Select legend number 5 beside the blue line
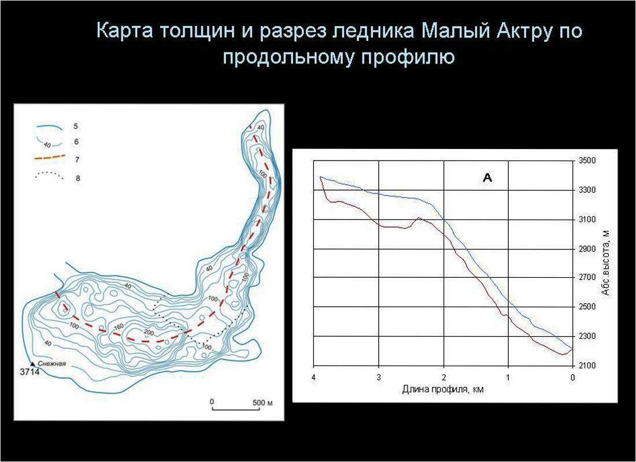click(x=75, y=126)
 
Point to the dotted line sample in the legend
click(x=50, y=176)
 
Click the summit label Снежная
click(x=54, y=363)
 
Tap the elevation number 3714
click(x=30, y=372)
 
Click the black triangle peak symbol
click(x=33, y=364)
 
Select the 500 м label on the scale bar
click(x=262, y=403)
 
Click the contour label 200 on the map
click(x=149, y=333)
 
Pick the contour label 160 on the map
click(x=119, y=327)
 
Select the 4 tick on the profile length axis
click(x=313, y=377)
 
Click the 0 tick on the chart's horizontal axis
click(x=572, y=377)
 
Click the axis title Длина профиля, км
click(x=443, y=389)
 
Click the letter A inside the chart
click(x=487, y=177)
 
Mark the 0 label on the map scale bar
click(x=212, y=401)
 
